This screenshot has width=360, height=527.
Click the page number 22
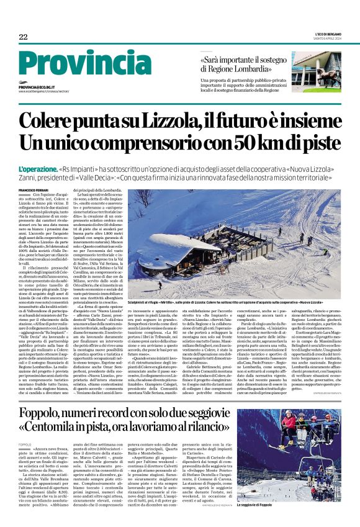(x=22, y=37)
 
